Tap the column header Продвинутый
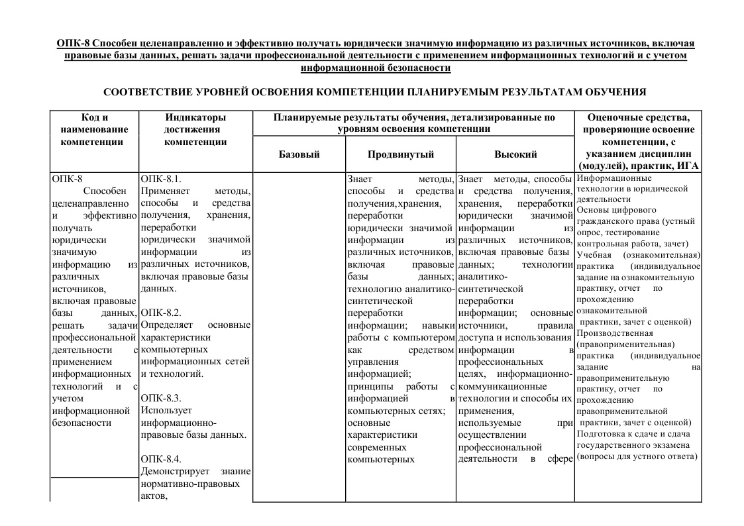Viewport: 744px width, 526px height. click(x=400, y=154)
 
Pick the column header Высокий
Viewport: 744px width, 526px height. click(x=515, y=154)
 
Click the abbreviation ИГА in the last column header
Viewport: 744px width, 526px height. click(x=688, y=166)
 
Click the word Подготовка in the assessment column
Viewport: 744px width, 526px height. click(x=602, y=434)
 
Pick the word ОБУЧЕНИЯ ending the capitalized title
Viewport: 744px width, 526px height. click(x=611, y=91)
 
